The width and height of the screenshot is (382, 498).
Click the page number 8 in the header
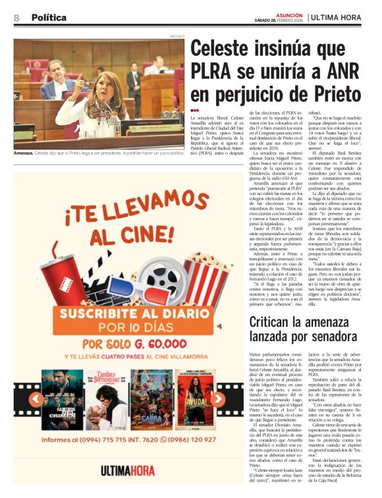(x=16, y=17)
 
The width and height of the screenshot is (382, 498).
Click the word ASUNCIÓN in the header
(x=288, y=14)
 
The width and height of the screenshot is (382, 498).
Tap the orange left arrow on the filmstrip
(x=34, y=399)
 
